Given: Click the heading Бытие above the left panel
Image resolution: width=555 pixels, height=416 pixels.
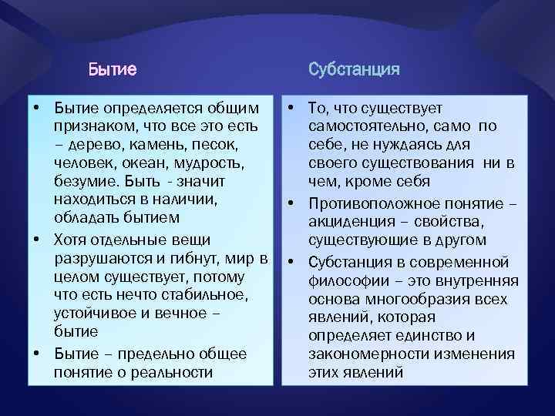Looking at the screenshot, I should (113, 70).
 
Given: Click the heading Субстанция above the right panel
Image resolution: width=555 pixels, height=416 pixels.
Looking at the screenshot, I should (354, 70).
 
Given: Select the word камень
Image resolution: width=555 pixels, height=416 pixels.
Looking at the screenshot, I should (149, 144).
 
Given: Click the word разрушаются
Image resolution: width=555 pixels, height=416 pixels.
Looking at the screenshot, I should (99, 257).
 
